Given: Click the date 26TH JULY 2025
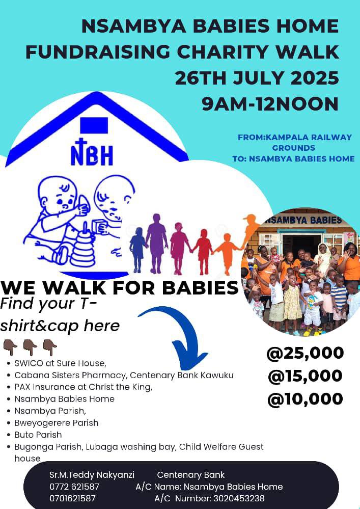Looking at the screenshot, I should pos(257,78).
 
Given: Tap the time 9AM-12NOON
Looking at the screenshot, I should pos(270,103).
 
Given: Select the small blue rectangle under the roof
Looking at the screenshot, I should pos(94,125).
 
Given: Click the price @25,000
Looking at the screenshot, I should pos(305,353).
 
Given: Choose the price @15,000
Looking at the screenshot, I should pos(305,376).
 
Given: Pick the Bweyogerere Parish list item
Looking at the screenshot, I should pos(57,423).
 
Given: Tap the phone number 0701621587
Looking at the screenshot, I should pos(72,498).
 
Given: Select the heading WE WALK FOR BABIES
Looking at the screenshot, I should pos(120,288).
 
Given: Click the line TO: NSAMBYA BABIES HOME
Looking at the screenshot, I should pos(293,158).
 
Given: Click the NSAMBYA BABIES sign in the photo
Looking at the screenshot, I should pos(303,221).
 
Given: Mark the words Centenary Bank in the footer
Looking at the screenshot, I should pos(191,475).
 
